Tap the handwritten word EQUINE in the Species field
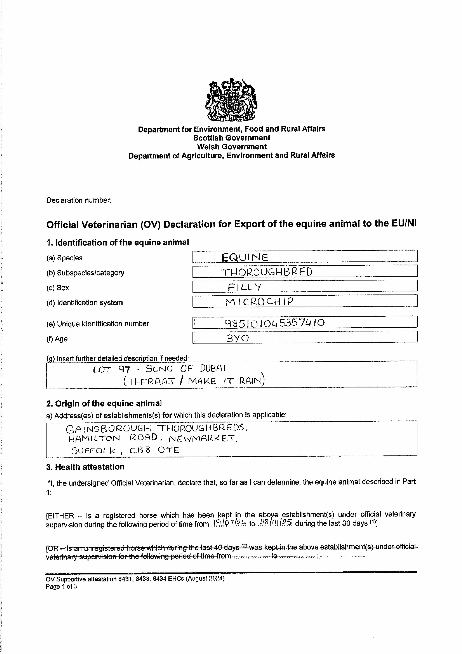click(245, 258)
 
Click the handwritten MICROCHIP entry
click(259, 302)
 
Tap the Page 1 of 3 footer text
click(61, 587)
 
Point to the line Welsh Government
click(232, 147)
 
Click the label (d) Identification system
click(85, 303)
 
